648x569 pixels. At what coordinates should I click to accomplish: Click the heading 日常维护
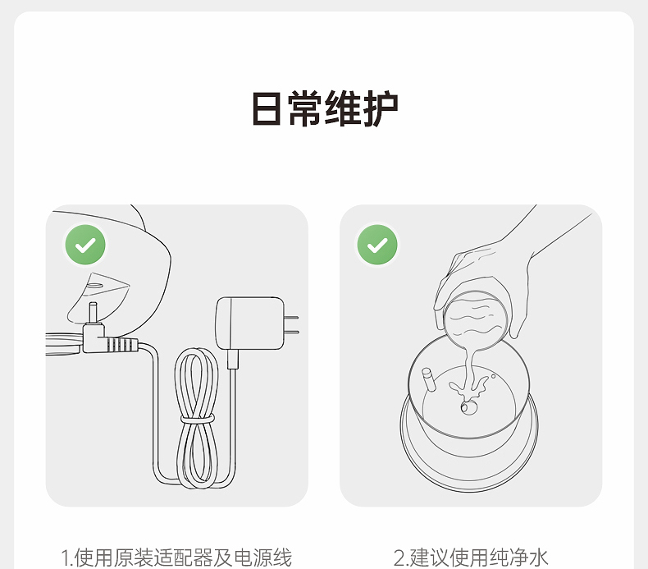tap(325, 108)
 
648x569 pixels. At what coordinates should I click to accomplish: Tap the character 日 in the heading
tap(267, 108)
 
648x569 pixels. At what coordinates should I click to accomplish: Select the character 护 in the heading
tap(381, 108)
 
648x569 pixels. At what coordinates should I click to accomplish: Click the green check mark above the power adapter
tap(85, 245)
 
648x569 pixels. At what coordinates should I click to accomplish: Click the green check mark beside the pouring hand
tap(377, 245)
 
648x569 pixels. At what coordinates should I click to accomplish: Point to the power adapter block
tap(250, 324)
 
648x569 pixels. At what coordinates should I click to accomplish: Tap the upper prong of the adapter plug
tap(292, 318)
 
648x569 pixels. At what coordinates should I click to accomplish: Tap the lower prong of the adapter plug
tap(292, 332)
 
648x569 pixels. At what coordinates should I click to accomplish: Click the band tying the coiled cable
tap(198, 419)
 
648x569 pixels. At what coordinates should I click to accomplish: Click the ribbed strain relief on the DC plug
tap(121, 345)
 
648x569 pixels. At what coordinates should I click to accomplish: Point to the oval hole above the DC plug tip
tap(94, 286)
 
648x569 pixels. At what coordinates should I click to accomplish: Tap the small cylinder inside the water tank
tap(428, 379)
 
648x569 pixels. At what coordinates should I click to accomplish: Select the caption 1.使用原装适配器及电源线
tap(176, 558)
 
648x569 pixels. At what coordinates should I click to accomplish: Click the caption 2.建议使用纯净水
tap(471, 558)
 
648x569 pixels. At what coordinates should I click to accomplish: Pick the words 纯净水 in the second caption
tap(519, 558)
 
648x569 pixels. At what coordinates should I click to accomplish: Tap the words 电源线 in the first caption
tap(263, 558)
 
